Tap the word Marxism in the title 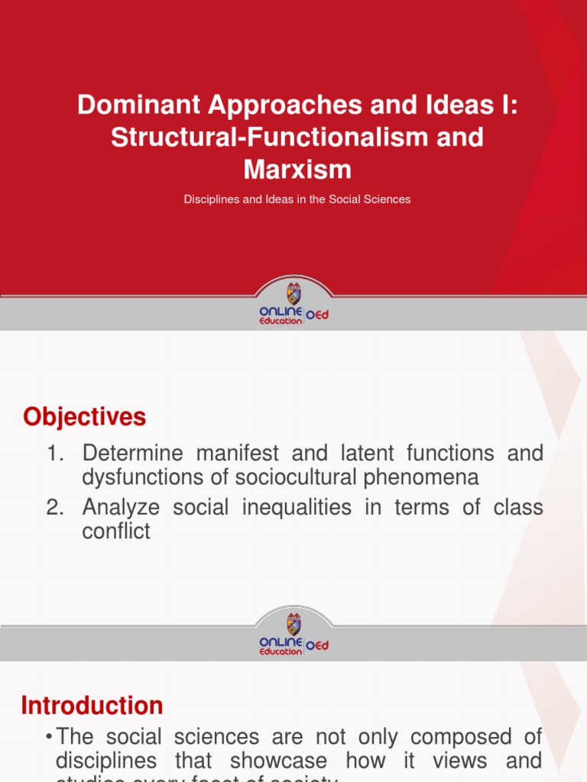click(298, 168)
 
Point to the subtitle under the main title click(297, 199)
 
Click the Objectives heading click(84, 417)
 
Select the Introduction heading click(92, 705)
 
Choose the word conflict click(116, 532)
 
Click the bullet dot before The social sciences click(49, 737)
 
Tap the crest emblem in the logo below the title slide click(293, 293)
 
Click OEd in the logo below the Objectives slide click(317, 645)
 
